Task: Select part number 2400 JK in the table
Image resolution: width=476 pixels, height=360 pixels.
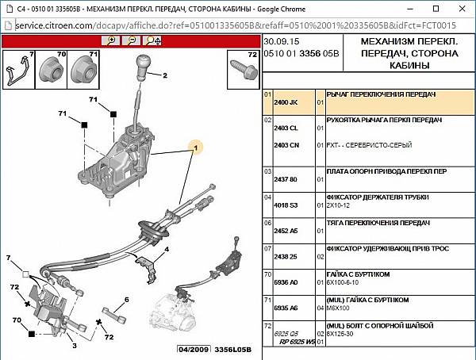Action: point(286,102)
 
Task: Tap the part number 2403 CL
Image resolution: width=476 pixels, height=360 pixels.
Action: point(286,128)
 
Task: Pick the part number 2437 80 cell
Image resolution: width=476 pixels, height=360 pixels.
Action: point(286,179)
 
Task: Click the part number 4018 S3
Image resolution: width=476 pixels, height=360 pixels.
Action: point(286,205)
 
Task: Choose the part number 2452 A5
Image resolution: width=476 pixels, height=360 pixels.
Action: point(286,231)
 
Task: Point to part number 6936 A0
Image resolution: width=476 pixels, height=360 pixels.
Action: point(286,281)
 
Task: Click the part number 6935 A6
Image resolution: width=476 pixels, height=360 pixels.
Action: point(286,308)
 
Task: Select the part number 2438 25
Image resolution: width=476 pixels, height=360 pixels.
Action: point(286,256)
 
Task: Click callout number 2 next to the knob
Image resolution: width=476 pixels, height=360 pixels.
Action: point(167,77)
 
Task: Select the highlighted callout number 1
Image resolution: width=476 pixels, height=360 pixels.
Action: point(194,147)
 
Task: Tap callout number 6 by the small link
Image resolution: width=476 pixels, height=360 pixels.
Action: point(126,299)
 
